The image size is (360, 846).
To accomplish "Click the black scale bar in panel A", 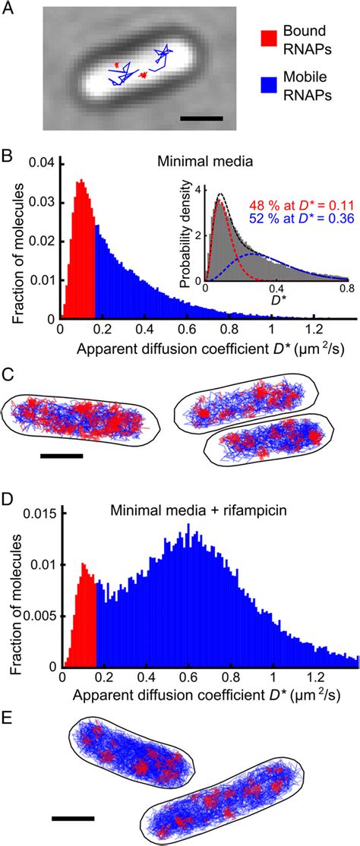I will pyautogui.click(x=202, y=118).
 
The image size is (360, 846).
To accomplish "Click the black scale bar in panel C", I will pyautogui.click(x=61, y=456).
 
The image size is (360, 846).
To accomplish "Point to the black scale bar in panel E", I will pyautogui.click(x=73, y=819).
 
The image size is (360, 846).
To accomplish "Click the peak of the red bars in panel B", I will pyautogui.click(x=81, y=182).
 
